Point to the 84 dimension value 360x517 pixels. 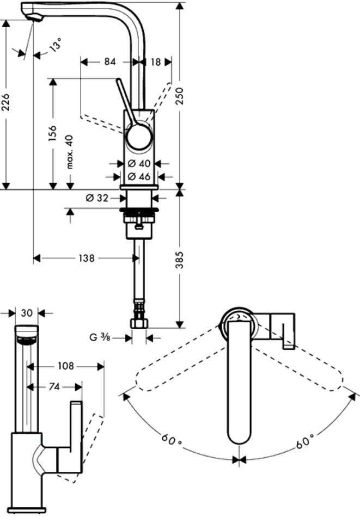click(110, 62)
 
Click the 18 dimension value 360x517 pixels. click(155, 62)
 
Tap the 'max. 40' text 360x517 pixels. click(70, 152)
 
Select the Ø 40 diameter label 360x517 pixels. click(138, 163)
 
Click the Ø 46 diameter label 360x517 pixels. click(138, 176)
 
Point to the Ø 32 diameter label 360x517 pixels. click(97, 198)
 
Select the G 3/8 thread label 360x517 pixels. click(101, 337)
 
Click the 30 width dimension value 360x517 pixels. click(27, 313)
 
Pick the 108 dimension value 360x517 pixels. click(66, 366)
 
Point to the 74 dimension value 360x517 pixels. click(54, 386)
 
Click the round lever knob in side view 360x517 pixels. click(139, 136)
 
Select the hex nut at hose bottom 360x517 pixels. click(139, 323)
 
